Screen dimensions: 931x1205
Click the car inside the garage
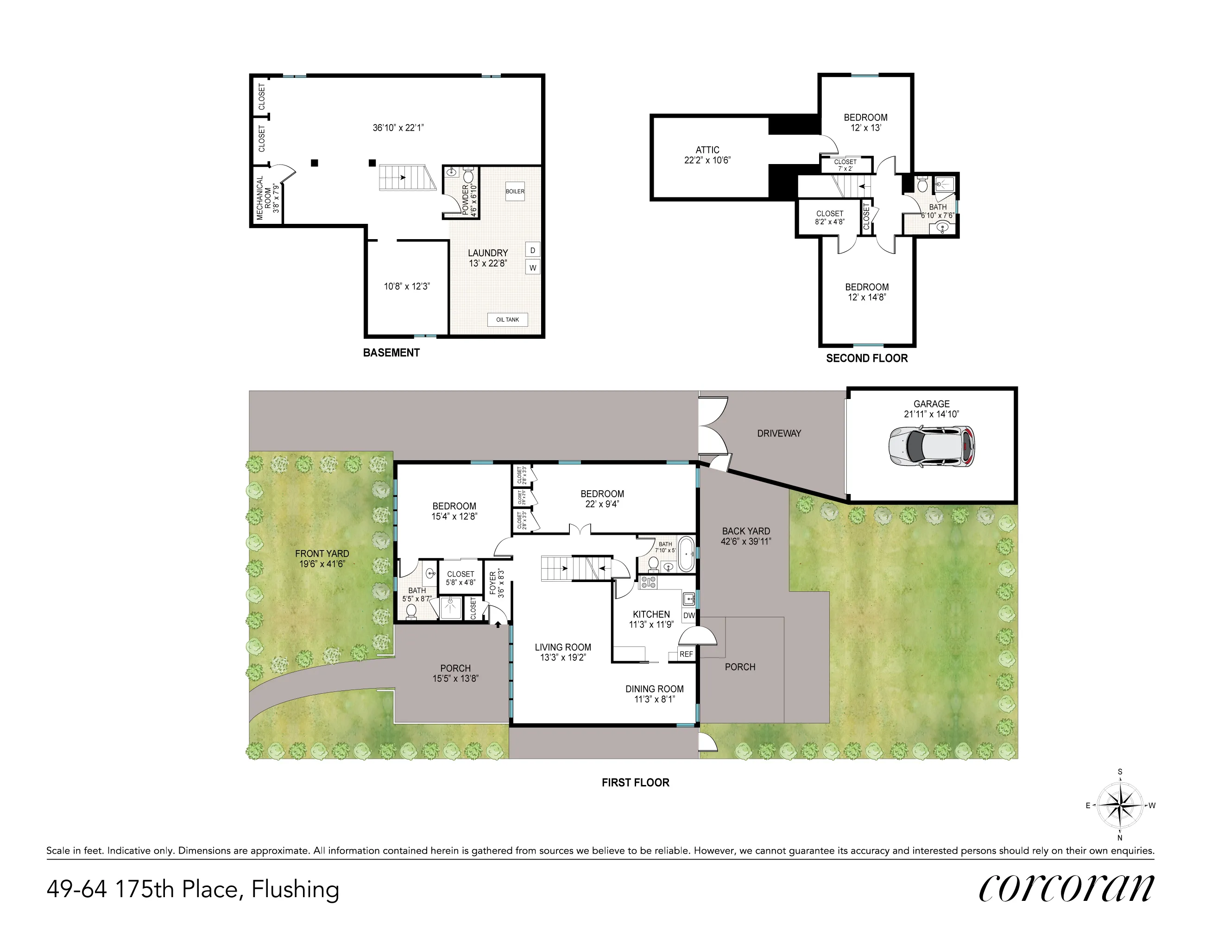pyautogui.click(x=931, y=446)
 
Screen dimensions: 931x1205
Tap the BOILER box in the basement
pyautogui.click(x=515, y=191)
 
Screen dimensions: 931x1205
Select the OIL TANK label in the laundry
pyautogui.click(x=507, y=320)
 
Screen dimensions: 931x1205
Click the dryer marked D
pyautogui.click(x=532, y=250)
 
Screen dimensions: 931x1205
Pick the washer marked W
pyautogui.click(x=532, y=268)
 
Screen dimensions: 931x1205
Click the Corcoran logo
pyautogui.click(x=1066, y=887)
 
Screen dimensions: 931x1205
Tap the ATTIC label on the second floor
pyautogui.click(x=707, y=150)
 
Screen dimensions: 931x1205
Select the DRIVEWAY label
pyautogui.click(x=778, y=433)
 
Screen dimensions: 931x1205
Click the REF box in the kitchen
pyautogui.click(x=686, y=654)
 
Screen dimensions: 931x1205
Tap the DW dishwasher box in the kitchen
pyautogui.click(x=688, y=615)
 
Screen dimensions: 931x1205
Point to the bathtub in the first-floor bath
pyautogui.click(x=687, y=553)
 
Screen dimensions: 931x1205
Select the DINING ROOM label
pyautogui.click(x=654, y=689)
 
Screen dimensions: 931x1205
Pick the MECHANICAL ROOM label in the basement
pyautogui.click(x=268, y=197)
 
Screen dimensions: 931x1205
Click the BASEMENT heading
pyautogui.click(x=391, y=353)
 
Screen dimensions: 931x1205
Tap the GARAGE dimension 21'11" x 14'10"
pyautogui.click(x=931, y=414)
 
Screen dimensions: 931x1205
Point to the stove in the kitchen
pyautogui.click(x=648, y=581)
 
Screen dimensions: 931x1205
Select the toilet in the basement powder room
pyautogui.click(x=469, y=176)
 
